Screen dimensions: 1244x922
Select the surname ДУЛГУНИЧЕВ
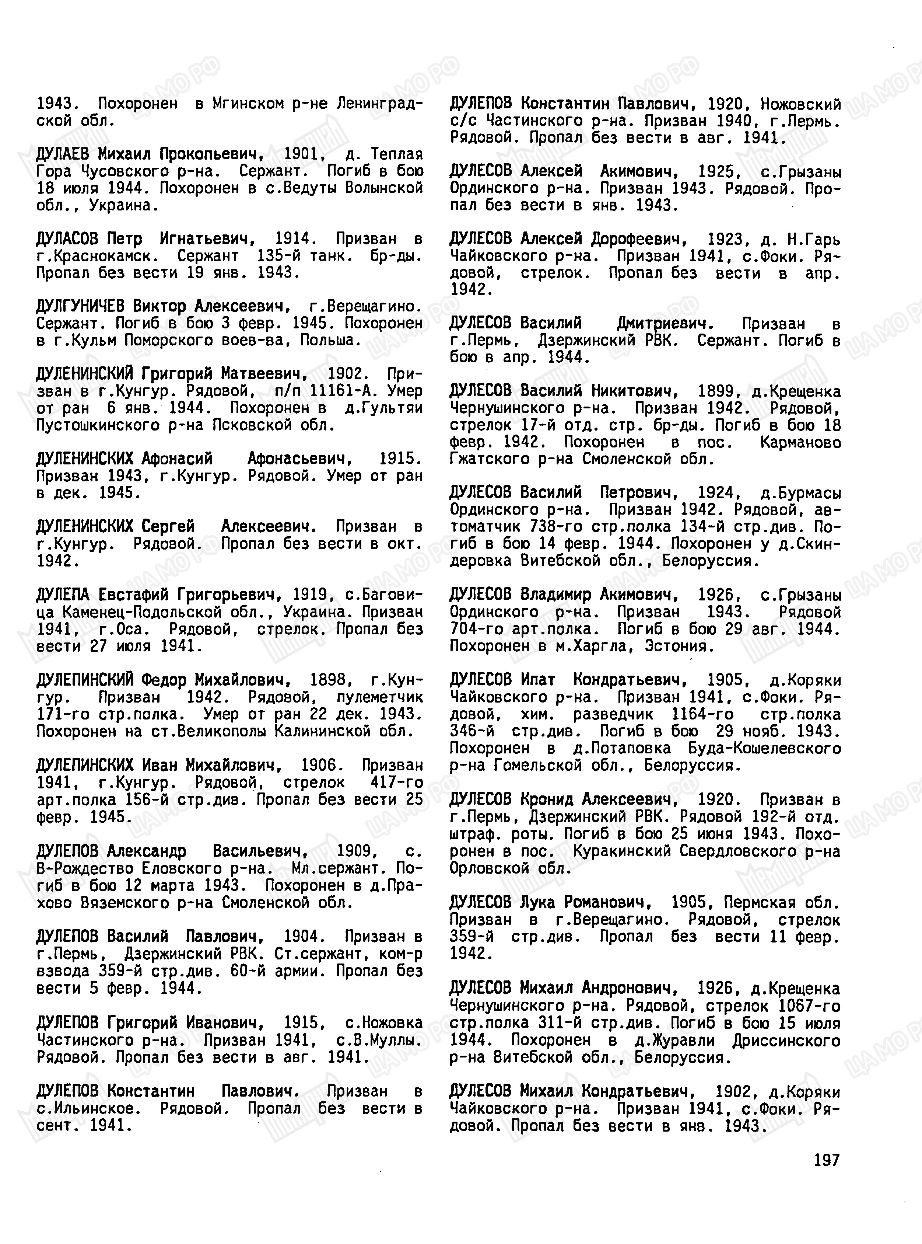[x=80, y=307]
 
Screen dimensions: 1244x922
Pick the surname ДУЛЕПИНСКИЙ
[x=85, y=680]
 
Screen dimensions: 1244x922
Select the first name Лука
[x=537, y=902]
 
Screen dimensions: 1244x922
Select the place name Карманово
[x=800, y=442]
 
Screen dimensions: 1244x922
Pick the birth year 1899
[x=715, y=391]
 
